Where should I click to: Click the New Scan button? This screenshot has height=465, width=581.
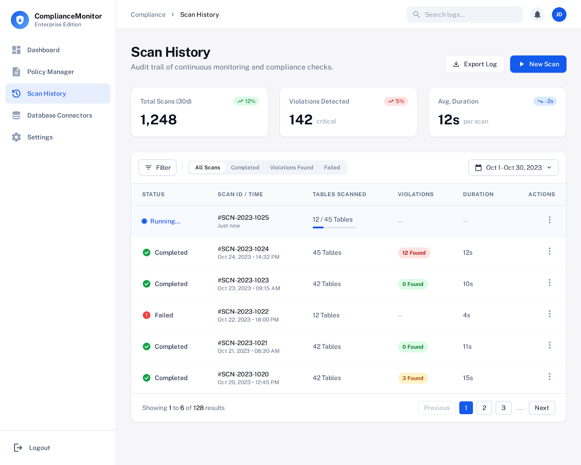click(538, 64)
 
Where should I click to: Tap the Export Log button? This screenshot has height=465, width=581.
click(474, 64)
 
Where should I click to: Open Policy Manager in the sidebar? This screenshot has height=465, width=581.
click(50, 72)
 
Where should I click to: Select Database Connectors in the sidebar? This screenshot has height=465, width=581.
click(60, 116)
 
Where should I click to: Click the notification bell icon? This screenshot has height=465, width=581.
click(537, 15)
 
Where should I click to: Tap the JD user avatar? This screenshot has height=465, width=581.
click(559, 15)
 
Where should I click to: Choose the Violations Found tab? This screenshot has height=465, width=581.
click(291, 167)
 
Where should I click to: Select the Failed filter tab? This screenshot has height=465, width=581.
click(332, 167)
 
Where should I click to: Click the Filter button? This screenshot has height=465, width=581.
click(158, 167)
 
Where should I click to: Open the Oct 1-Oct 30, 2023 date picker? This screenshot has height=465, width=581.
click(513, 167)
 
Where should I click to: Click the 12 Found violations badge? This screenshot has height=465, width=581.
click(414, 253)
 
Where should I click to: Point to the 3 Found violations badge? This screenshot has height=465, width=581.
click(413, 378)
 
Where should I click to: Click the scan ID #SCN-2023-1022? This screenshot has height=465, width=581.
click(243, 312)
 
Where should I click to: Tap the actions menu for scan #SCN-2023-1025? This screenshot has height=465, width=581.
click(549, 220)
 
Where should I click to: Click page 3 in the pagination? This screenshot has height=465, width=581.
click(503, 408)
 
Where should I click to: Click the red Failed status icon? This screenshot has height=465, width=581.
click(146, 315)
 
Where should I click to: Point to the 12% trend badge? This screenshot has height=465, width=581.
click(246, 101)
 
